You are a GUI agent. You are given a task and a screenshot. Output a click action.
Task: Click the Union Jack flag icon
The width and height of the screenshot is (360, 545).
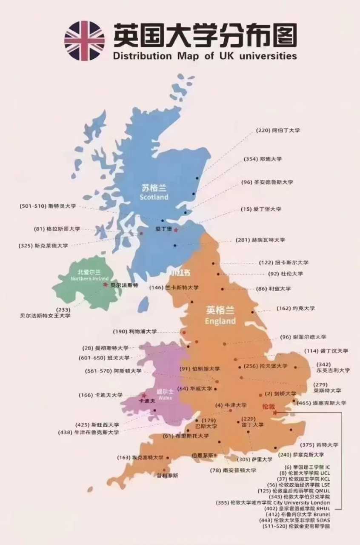click(x=84, y=41)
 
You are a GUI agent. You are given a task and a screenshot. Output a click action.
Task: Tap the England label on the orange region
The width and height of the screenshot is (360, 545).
click(x=220, y=321)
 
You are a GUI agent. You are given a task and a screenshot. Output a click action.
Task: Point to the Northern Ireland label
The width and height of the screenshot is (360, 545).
click(x=90, y=278)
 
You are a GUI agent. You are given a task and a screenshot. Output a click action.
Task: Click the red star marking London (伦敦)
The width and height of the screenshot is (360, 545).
click(x=275, y=413)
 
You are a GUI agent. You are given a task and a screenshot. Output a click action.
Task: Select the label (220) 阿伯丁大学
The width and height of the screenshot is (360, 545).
click(x=278, y=130)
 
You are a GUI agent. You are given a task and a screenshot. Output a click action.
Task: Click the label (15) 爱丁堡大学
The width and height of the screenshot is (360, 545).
click(x=261, y=209)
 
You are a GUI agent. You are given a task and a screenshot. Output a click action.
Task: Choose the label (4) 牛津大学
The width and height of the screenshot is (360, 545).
click(x=231, y=405)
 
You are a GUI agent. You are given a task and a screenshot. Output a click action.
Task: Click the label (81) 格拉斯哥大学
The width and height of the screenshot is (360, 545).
click(x=57, y=229)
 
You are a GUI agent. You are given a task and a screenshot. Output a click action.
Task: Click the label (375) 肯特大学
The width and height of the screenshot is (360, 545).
click(x=320, y=445)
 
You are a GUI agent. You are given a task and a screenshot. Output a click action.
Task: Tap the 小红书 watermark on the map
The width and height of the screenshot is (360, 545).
click(x=179, y=273)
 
